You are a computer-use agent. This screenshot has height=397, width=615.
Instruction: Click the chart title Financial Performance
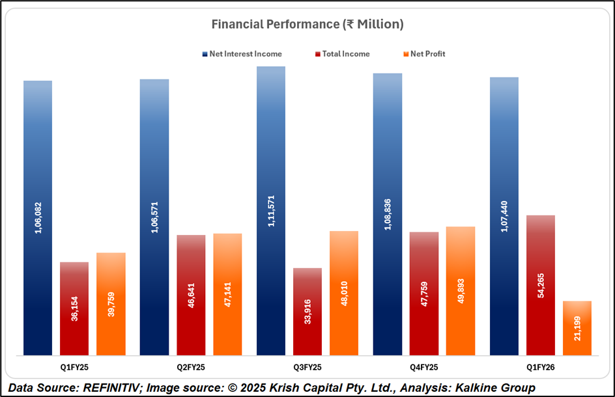pos(307,25)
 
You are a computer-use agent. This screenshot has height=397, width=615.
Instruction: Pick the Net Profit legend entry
pos(427,54)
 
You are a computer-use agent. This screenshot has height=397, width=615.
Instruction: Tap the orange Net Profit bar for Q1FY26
pos(577,328)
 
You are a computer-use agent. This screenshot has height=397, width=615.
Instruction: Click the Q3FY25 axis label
pos(307,367)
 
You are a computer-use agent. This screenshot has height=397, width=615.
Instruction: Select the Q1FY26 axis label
pos(541,367)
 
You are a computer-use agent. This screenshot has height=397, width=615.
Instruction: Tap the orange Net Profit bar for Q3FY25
pos(344,293)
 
